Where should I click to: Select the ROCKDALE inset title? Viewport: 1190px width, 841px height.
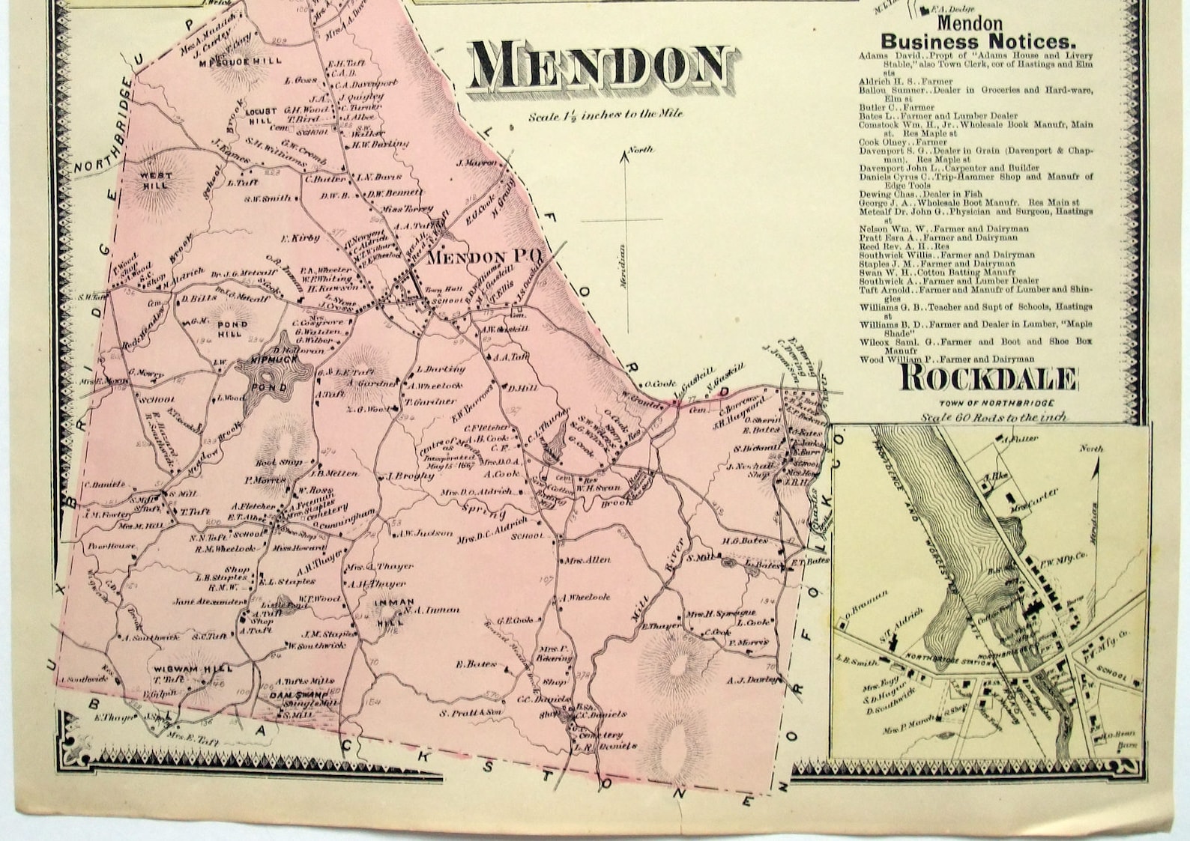coord(988,380)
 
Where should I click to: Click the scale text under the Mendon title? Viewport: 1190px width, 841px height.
coord(605,115)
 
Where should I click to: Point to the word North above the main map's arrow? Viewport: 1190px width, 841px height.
coord(640,150)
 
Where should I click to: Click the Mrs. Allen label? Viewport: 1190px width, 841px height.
coord(588,560)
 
